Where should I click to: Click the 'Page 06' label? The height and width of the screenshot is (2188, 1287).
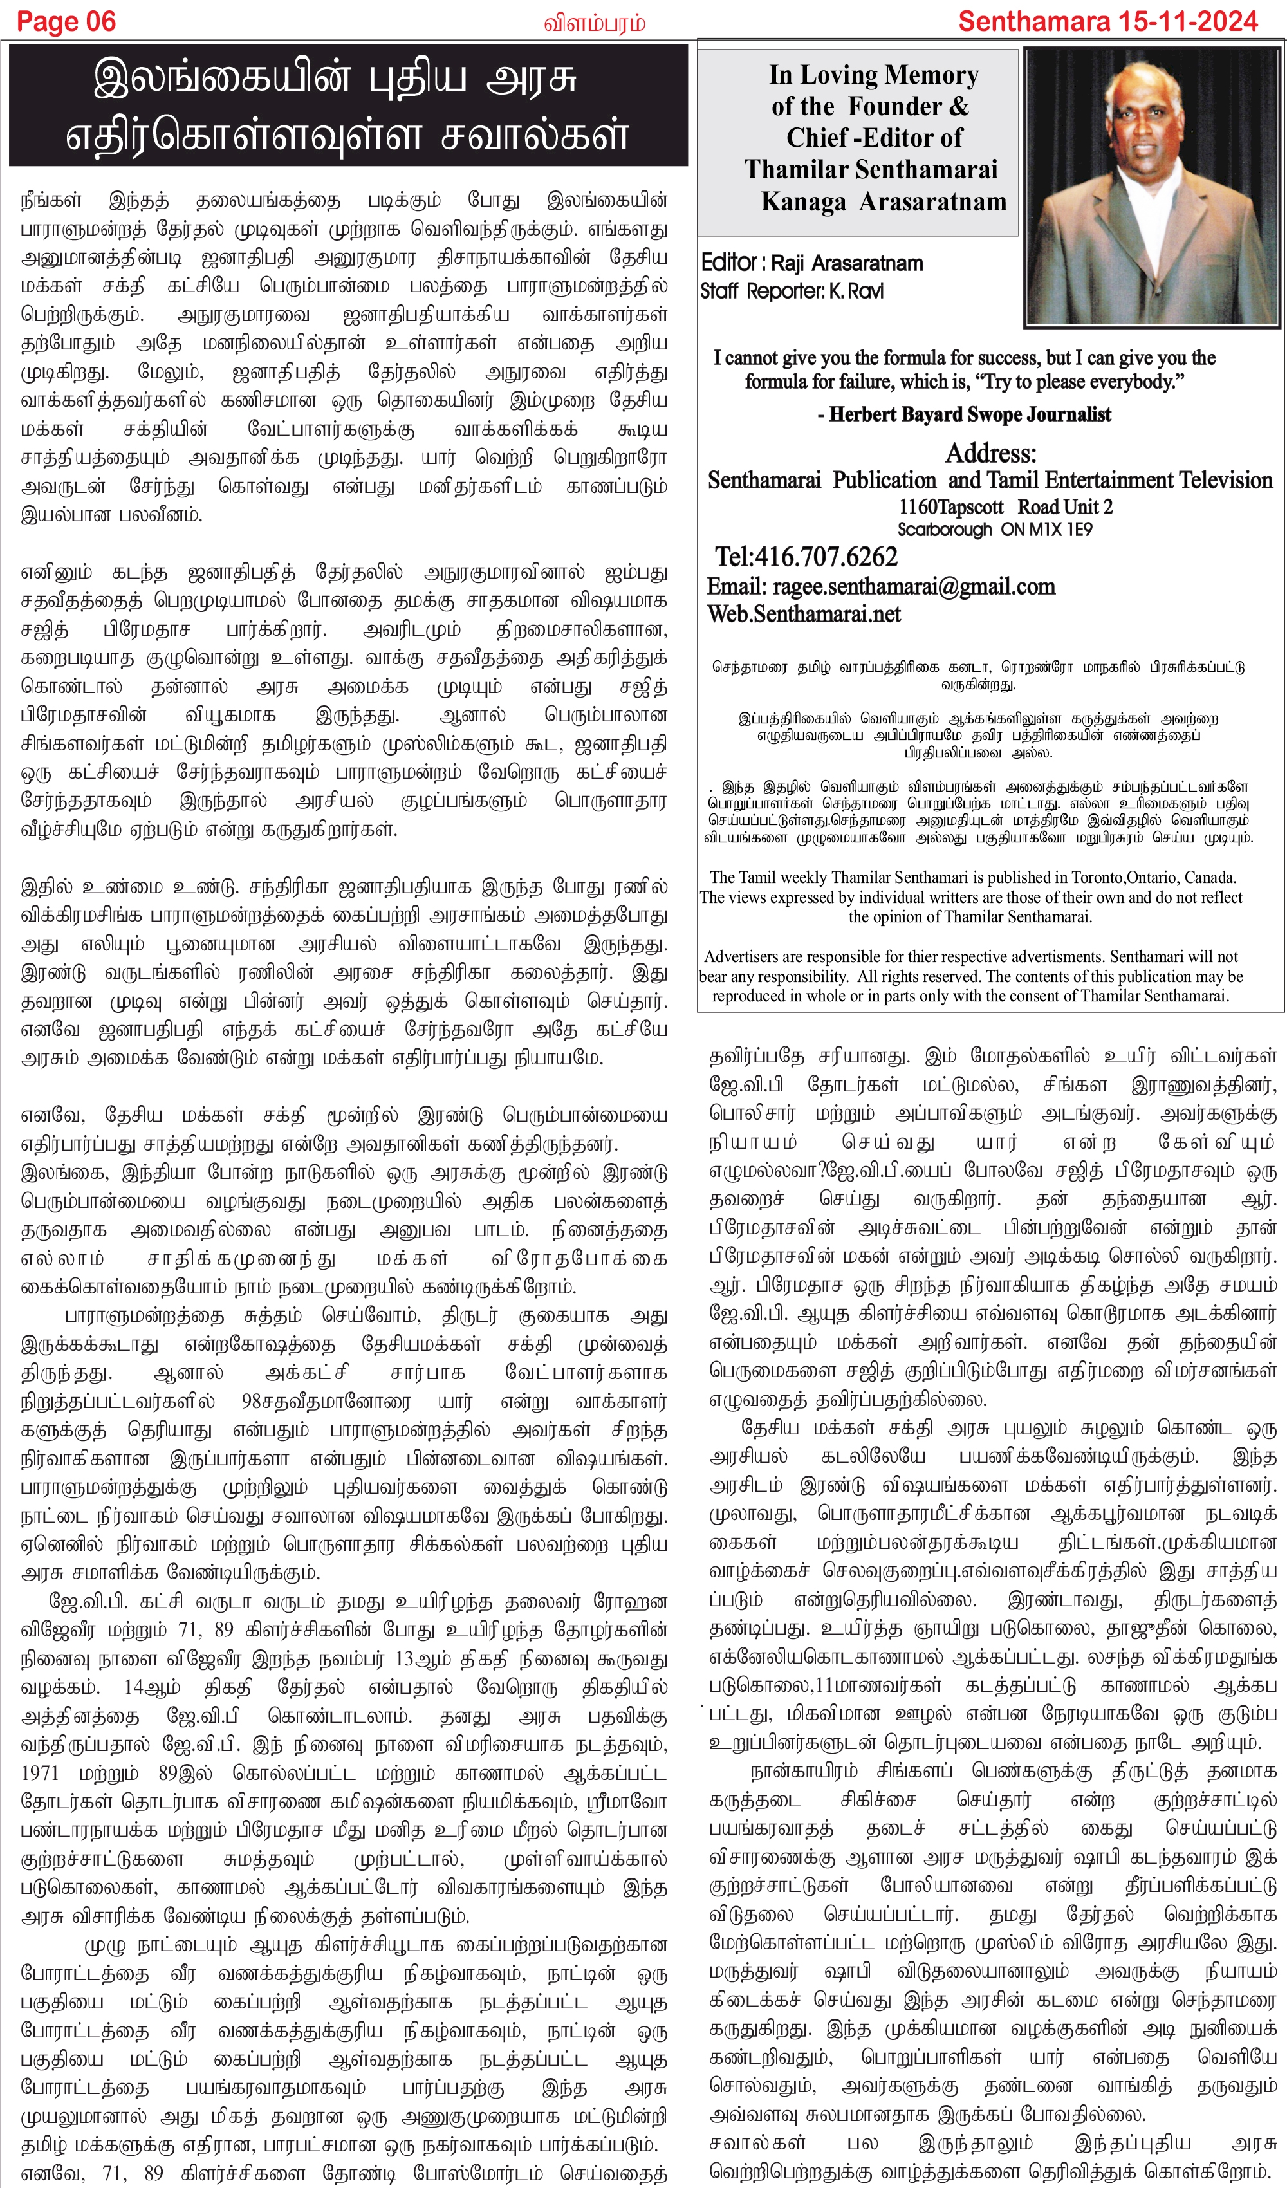66,22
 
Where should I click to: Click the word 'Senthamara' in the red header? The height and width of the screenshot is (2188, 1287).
1033,22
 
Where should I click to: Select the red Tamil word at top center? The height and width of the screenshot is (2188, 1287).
594,23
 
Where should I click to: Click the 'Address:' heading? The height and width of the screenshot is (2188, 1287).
990,453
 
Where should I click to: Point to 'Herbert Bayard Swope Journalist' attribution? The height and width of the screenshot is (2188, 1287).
969,414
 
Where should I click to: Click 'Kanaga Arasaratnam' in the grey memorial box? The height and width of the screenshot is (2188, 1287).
883,201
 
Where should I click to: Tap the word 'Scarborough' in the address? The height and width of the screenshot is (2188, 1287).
944,530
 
